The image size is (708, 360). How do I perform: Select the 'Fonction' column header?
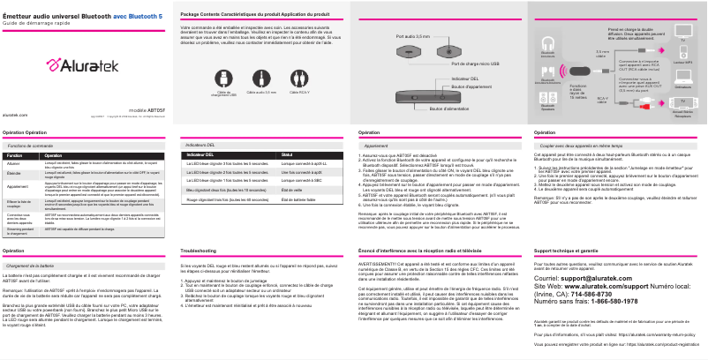point(15,154)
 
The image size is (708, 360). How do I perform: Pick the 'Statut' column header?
point(286,154)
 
